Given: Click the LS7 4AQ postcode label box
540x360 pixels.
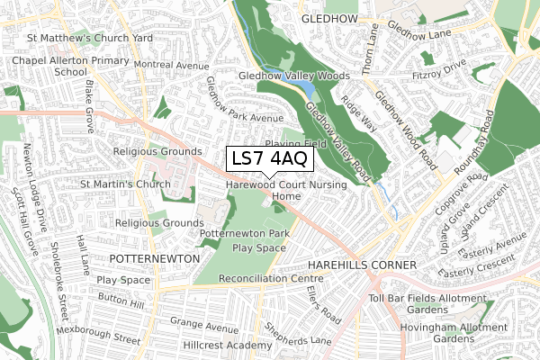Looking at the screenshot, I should [x=270, y=159].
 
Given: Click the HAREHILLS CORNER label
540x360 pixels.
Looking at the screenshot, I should [x=361, y=266].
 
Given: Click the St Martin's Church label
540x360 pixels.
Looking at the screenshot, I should [x=125, y=184].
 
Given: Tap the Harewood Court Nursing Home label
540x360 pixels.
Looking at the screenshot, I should [x=281, y=189].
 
